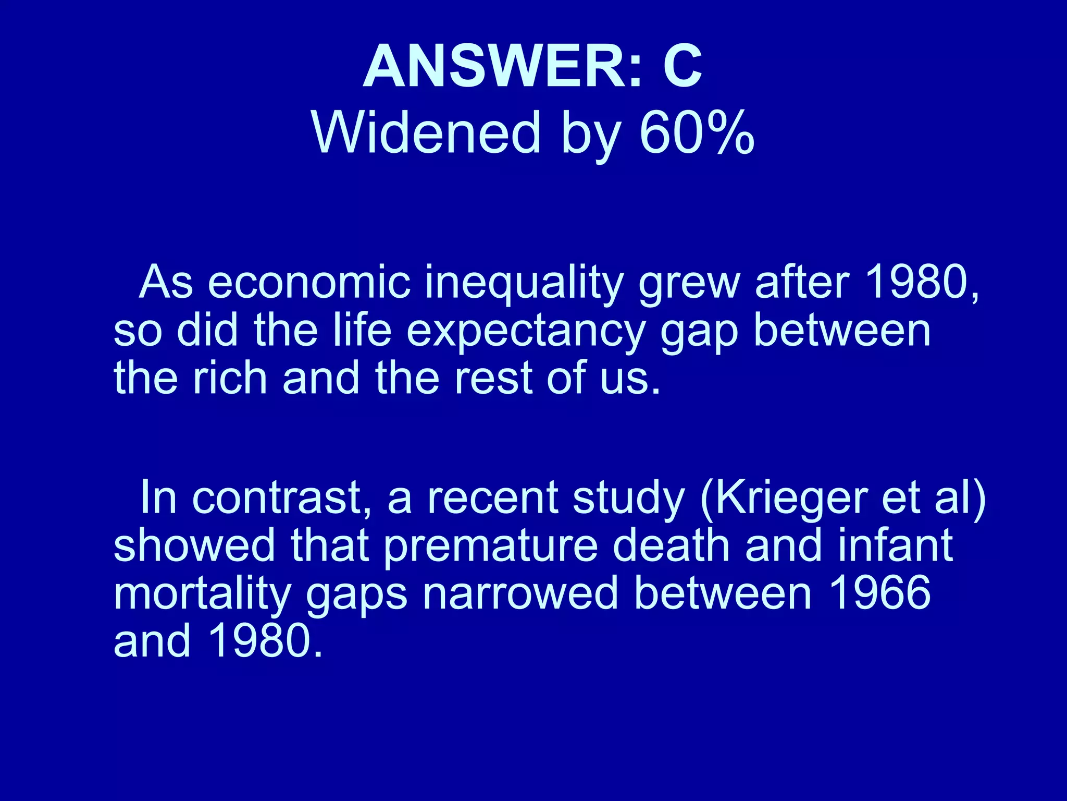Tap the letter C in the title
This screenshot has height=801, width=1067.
click(682, 67)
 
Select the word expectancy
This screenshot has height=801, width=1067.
click(526, 332)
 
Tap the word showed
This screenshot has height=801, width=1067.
click(194, 545)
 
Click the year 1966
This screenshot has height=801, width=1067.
click(879, 593)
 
